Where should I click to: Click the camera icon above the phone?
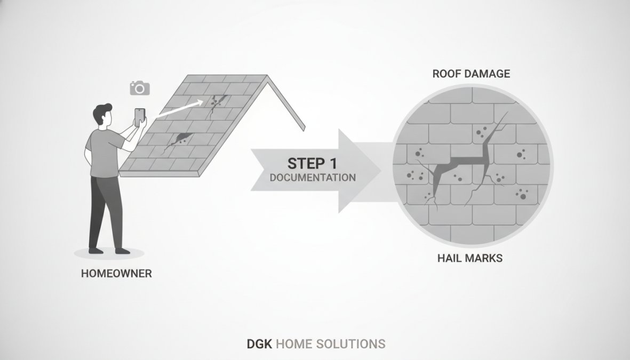pyautogui.click(x=139, y=88)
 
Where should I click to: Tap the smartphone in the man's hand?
pyautogui.click(x=139, y=117)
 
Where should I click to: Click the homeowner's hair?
pyautogui.click(x=101, y=113)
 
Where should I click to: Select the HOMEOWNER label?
pyautogui.click(x=116, y=274)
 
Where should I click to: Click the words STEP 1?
pyautogui.click(x=312, y=164)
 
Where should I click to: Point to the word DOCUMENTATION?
pyautogui.click(x=313, y=178)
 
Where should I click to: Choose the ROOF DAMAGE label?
pyautogui.click(x=471, y=74)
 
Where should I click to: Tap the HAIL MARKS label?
pyautogui.click(x=470, y=258)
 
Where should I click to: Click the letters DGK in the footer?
pyautogui.click(x=259, y=344)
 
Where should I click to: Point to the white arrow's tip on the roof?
pyautogui.click(x=203, y=101)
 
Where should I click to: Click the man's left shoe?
pyautogui.click(x=123, y=251)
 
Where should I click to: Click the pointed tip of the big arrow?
pyautogui.click(x=380, y=170)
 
